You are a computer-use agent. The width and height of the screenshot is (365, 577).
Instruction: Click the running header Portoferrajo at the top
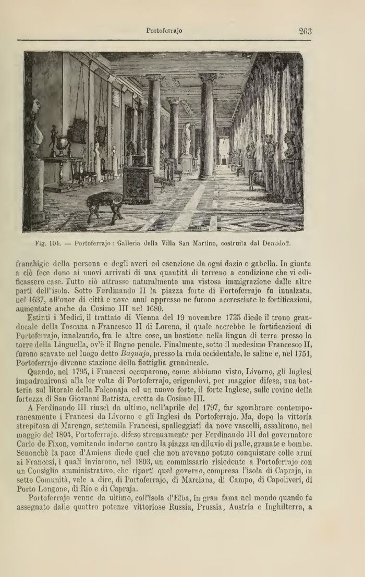click(x=164, y=31)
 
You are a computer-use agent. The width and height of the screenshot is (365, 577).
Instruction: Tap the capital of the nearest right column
click(x=208, y=77)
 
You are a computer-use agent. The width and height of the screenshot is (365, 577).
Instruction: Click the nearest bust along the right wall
click(x=290, y=144)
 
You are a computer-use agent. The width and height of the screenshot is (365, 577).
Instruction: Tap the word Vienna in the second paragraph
click(x=155, y=317)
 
